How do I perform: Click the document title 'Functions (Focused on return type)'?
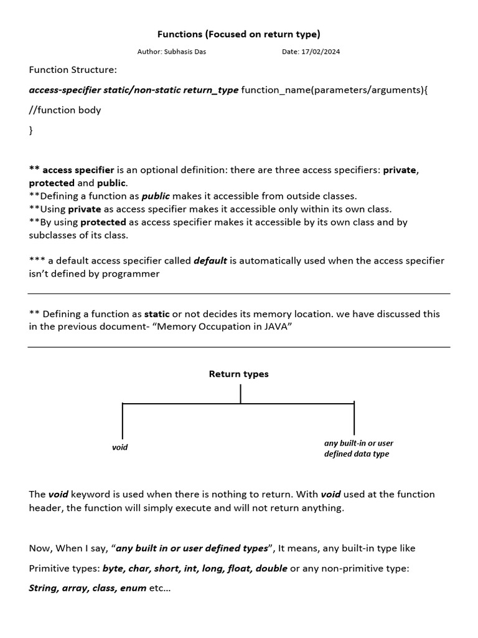(239, 34)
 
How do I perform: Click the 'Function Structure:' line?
(73, 70)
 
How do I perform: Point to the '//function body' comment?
(65, 110)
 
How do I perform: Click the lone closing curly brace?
(31, 130)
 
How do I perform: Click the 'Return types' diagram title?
(239, 374)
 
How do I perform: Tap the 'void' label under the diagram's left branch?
(119, 447)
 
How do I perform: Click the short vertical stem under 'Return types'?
(240, 394)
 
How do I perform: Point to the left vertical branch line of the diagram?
(123, 421)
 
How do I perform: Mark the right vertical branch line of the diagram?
(354, 419)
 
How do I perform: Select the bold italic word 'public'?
(156, 196)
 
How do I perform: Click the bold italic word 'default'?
(210, 260)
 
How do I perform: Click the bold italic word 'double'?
(271, 568)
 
